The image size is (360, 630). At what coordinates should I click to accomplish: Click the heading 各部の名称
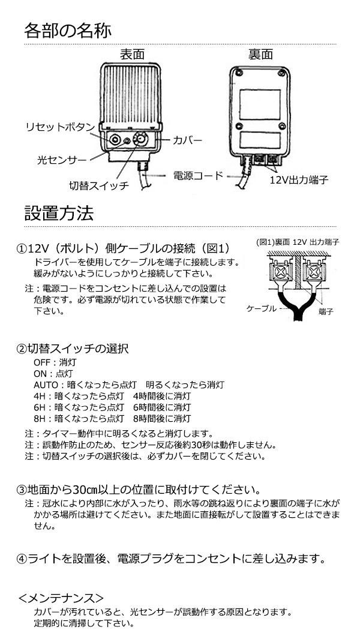click(68, 31)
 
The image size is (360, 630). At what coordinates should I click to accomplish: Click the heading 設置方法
click(59, 213)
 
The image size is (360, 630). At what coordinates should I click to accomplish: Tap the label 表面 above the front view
click(132, 54)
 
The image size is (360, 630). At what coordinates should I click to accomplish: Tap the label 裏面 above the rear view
click(261, 54)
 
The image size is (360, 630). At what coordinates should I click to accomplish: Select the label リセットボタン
click(61, 128)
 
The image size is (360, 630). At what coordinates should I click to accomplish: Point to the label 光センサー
click(61, 160)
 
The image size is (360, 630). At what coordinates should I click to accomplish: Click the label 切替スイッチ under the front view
click(98, 185)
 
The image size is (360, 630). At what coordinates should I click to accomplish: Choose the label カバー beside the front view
click(187, 140)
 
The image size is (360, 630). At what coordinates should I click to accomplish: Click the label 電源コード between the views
click(197, 176)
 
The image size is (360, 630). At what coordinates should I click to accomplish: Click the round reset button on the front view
click(115, 139)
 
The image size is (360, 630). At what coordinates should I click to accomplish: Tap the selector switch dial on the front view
click(140, 139)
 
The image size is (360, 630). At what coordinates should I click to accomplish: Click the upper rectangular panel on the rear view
click(260, 104)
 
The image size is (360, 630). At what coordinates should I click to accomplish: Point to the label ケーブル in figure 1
click(261, 308)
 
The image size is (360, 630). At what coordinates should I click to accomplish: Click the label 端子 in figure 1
click(325, 311)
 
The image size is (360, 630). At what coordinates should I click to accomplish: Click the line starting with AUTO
click(129, 385)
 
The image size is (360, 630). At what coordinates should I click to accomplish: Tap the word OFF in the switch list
click(41, 362)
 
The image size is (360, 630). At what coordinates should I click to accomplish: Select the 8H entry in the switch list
click(112, 418)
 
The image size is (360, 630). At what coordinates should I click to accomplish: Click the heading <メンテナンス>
click(61, 598)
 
